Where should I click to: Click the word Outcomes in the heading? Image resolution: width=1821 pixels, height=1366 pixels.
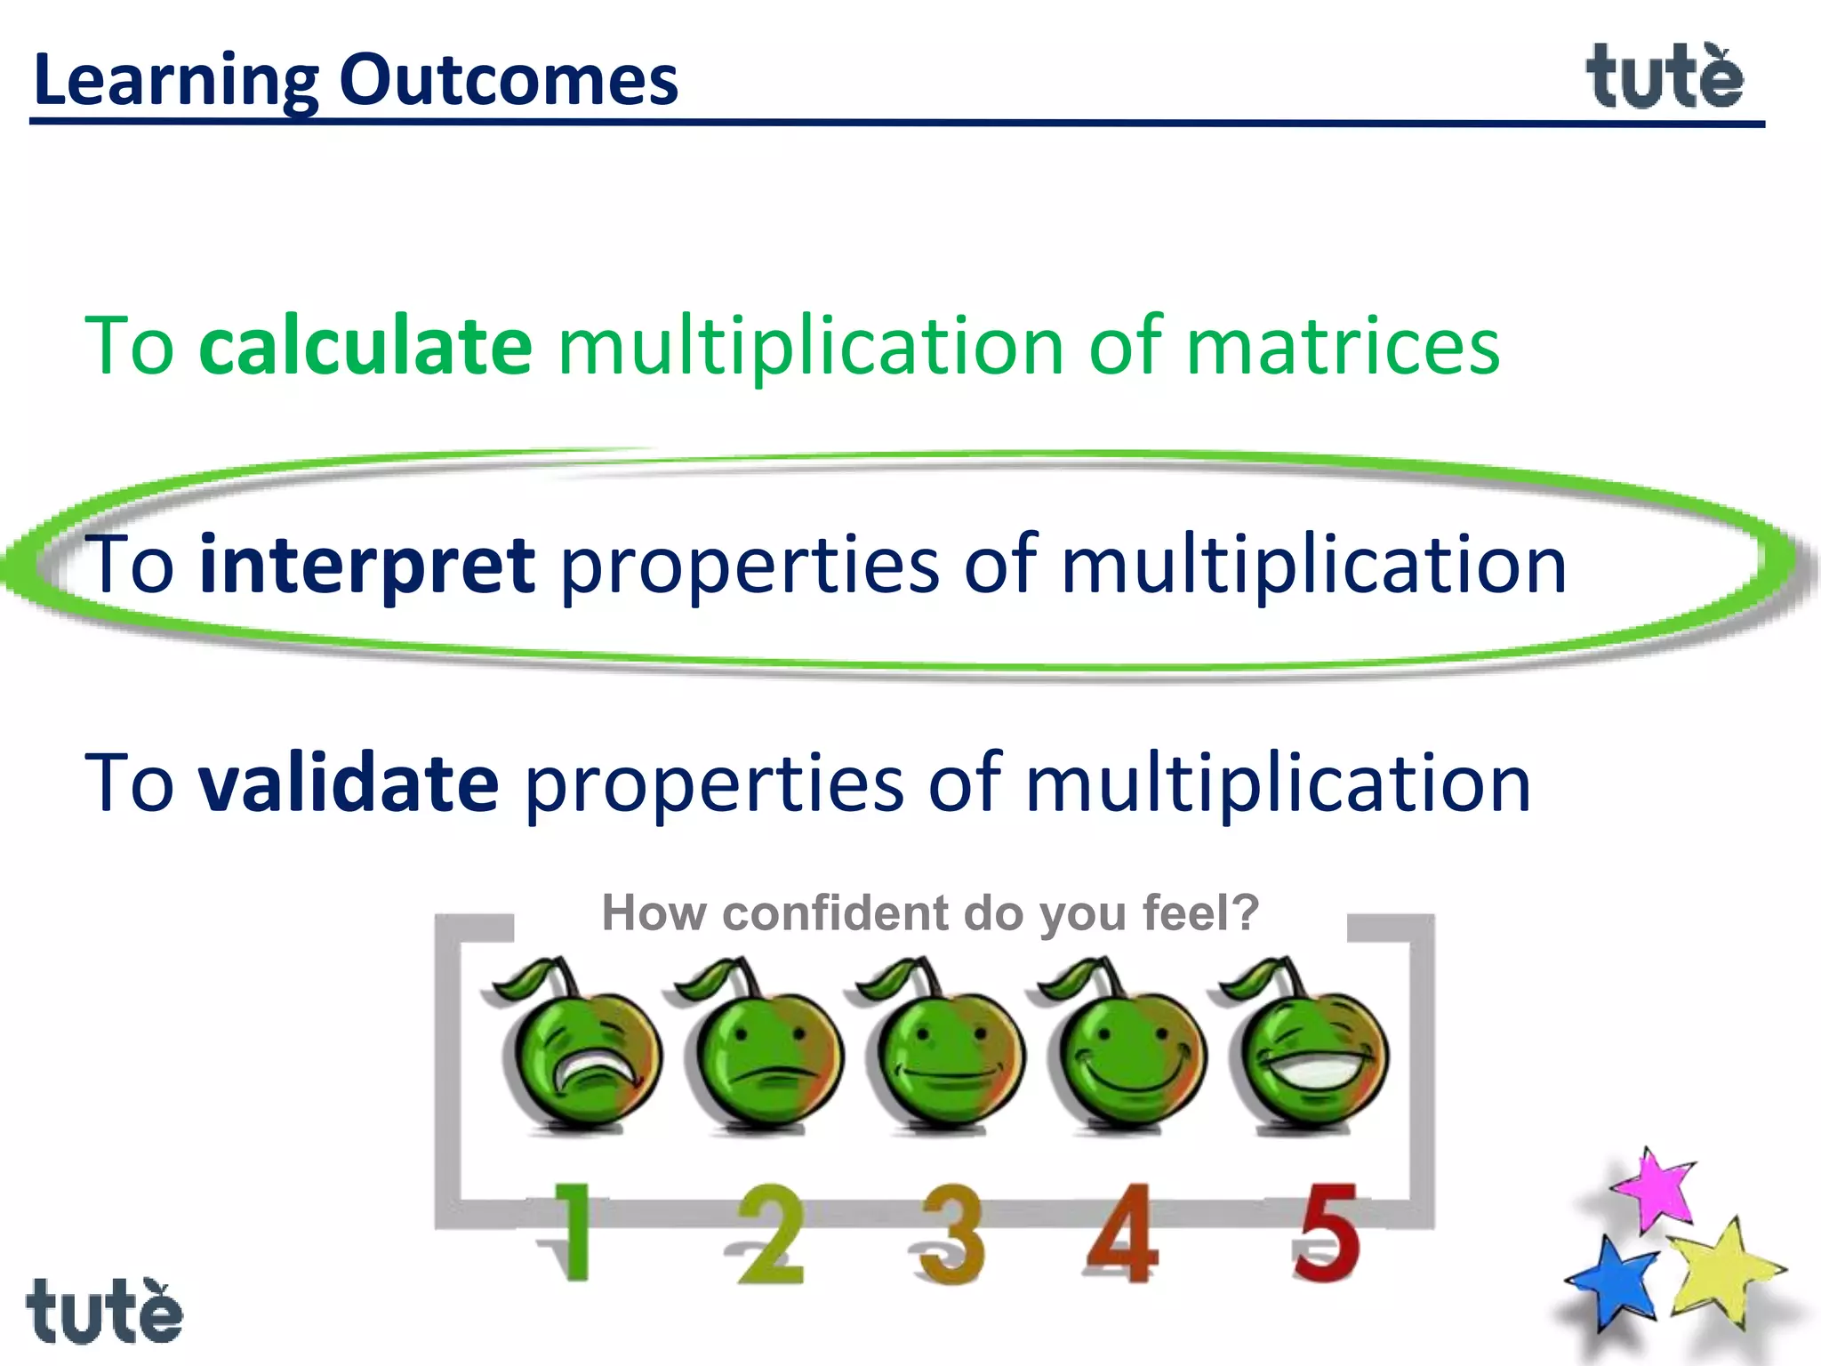point(509,80)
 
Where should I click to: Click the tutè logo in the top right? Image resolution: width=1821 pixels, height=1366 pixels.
point(1665,78)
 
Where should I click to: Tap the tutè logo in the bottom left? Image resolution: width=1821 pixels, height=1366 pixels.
point(104,1311)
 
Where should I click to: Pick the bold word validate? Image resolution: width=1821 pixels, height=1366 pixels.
point(349,783)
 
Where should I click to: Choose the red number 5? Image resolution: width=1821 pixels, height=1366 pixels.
point(1326,1233)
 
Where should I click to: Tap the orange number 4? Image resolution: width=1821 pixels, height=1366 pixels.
point(1123,1233)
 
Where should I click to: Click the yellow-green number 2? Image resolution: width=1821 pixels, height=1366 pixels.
point(771,1234)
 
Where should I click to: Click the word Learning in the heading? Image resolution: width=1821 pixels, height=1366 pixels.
point(175,80)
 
